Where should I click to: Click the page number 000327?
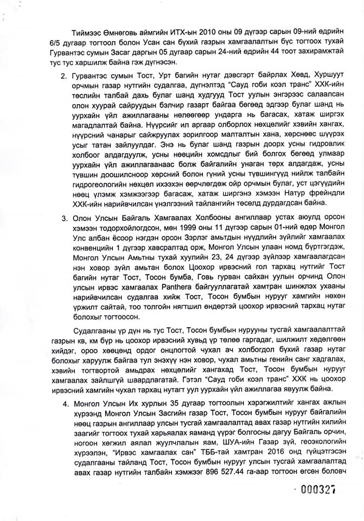pos(317,490)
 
